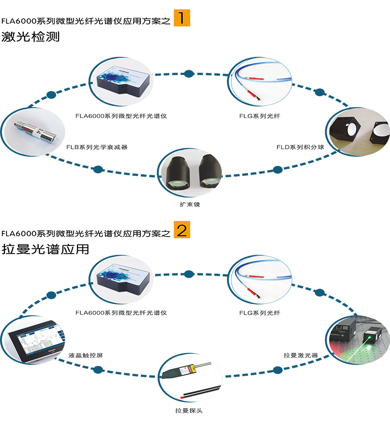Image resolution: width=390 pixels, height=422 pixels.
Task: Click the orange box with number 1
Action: pyautogui.click(x=182, y=18)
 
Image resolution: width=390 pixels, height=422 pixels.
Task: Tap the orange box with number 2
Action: pyautogui.click(x=182, y=230)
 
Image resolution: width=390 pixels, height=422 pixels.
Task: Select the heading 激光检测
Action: pyautogui.click(x=30, y=37)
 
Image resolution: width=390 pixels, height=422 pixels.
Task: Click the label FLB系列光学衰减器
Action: pyautogui.click(x=97, y=147)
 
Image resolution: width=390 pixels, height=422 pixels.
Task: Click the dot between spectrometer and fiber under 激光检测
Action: pyautogui.click(x=189, y=74)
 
